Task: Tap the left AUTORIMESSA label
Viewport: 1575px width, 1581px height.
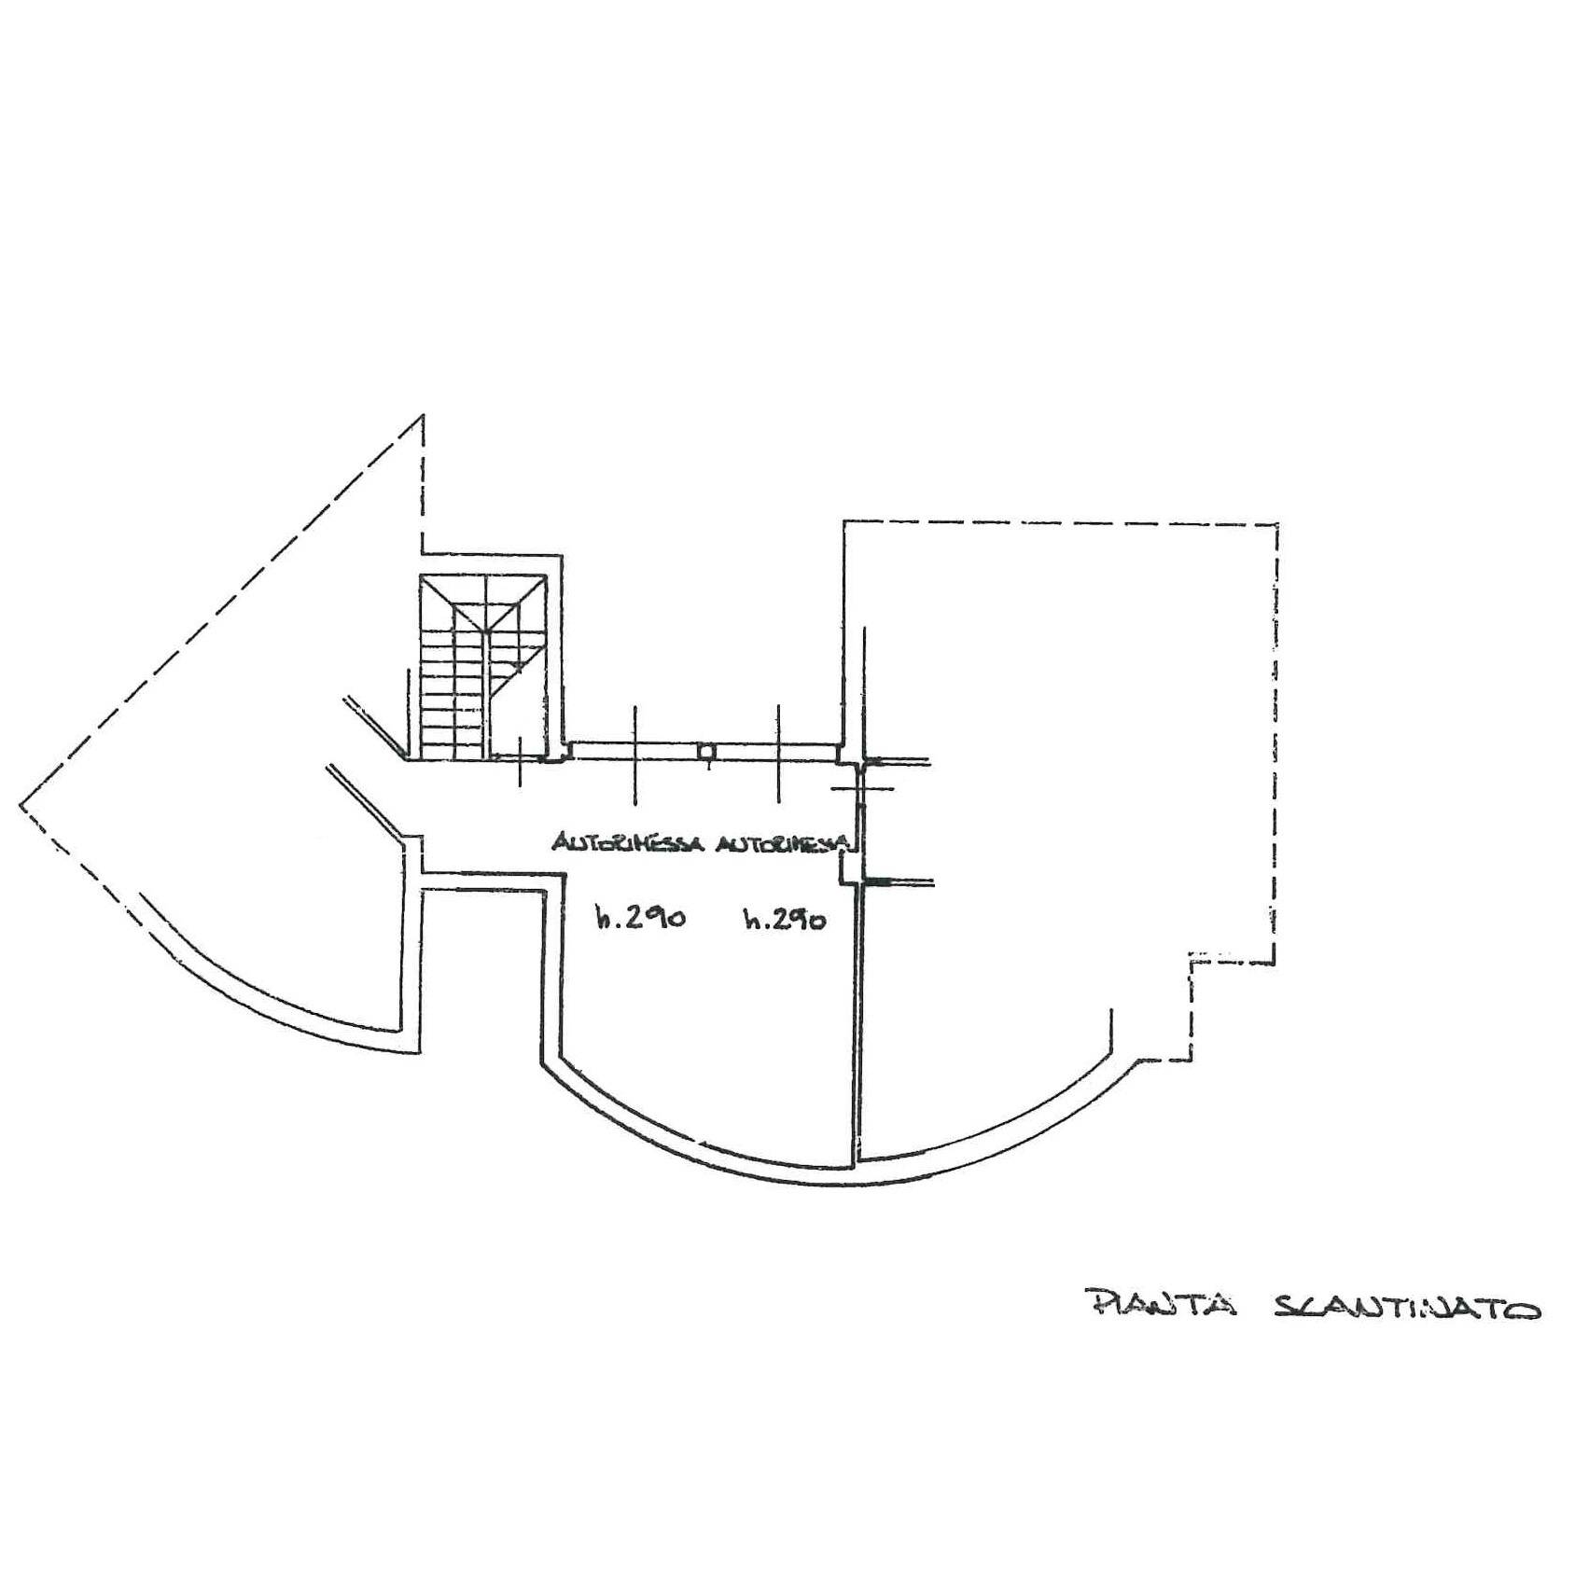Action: pyautogui.click(x=628, y=842)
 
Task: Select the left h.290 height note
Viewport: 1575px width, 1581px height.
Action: pyautogui.click(x=642, y=918)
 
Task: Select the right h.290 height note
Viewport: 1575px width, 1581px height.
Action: pyautogui.click(x=785, y=920)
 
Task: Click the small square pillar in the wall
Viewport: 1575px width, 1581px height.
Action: pyautogui.click(x=707, y=751)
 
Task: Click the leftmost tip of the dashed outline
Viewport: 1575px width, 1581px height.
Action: pyautogui.click(x=21, y=805)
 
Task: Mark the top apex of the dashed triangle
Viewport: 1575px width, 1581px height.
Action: pyautogui.click(x=424, y=415)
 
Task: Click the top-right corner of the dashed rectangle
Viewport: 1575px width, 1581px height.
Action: pyautogui.click(x=1276, y=524)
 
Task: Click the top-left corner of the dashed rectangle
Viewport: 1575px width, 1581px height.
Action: pyautogui.click(x=844, y=522)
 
